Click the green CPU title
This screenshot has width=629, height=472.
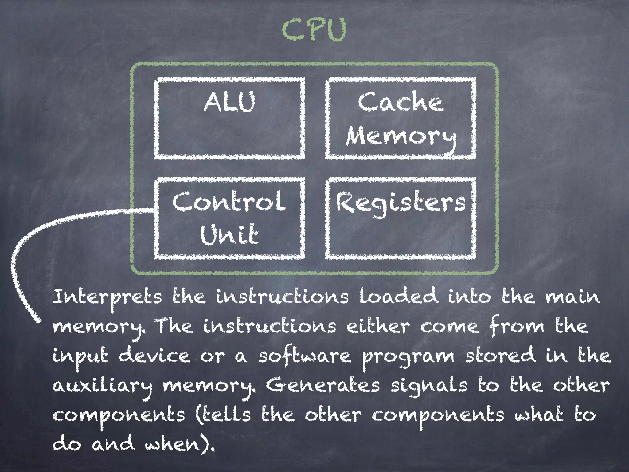314,30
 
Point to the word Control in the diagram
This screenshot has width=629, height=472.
229,201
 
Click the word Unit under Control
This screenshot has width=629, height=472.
229,234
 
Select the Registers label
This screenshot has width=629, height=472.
400,203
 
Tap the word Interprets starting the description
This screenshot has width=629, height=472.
107,297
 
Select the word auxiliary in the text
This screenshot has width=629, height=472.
102,386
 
